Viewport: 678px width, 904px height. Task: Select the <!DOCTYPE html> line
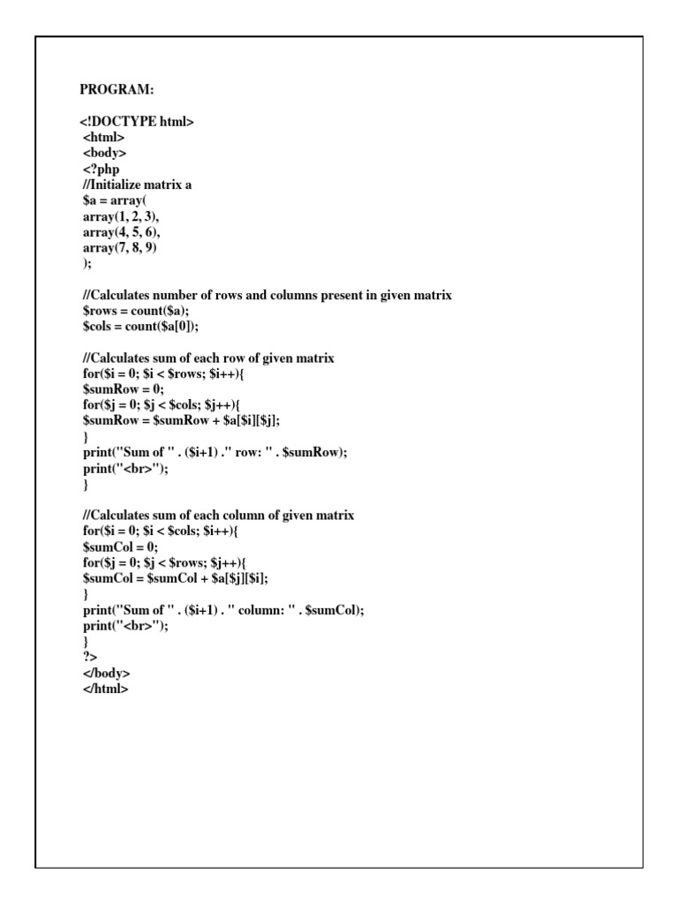click(137, 122)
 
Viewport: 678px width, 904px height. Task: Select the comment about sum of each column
click(217, 515)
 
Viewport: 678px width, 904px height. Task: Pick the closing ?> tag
click(88, 657)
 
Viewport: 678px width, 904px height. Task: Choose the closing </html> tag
click(105, 689)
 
